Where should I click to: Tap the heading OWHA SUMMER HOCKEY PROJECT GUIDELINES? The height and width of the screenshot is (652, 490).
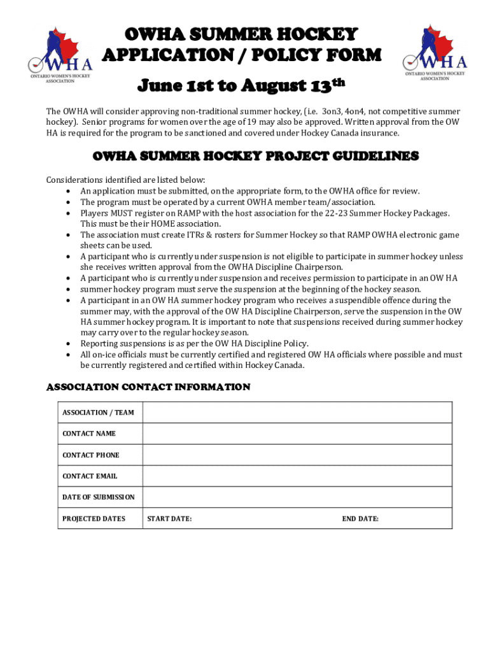pos(256,157)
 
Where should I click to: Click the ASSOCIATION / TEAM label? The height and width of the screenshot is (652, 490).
pos(98,413)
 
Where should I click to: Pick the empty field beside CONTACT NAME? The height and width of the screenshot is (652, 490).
pos(297,434)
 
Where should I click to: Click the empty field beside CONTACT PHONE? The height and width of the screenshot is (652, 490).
pos(297,455)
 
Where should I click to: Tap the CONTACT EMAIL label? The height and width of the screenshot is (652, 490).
pos(90,476)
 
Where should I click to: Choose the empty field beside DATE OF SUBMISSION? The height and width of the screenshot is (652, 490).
pos(297,497)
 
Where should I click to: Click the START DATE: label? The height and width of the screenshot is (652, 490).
pos(169,519)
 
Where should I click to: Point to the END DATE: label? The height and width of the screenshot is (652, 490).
pos(360,519)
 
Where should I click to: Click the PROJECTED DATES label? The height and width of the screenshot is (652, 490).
pos(94,519)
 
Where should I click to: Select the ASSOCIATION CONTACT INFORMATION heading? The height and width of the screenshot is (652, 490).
pos(148,387)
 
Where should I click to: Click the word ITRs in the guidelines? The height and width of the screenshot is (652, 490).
pos(192,235)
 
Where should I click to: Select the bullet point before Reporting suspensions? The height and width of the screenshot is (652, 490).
pos(68,344)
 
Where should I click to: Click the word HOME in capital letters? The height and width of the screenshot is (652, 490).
pos(152,224)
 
